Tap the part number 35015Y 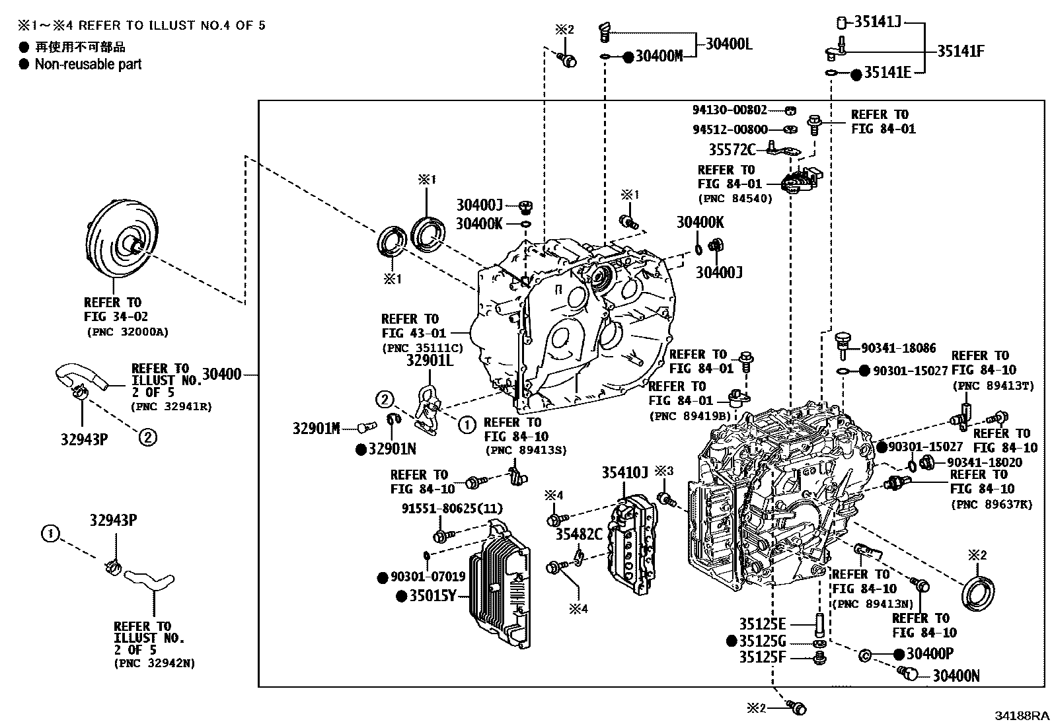433,596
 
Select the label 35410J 624,473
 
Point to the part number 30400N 956,676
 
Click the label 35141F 960,51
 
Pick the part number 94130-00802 730,110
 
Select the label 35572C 732,149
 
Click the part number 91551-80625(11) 452,509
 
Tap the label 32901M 316,429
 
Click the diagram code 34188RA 1023,716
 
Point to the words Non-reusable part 88,64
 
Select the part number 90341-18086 898,347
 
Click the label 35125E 762,624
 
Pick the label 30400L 729,44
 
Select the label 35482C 578,534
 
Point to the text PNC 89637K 991,505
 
